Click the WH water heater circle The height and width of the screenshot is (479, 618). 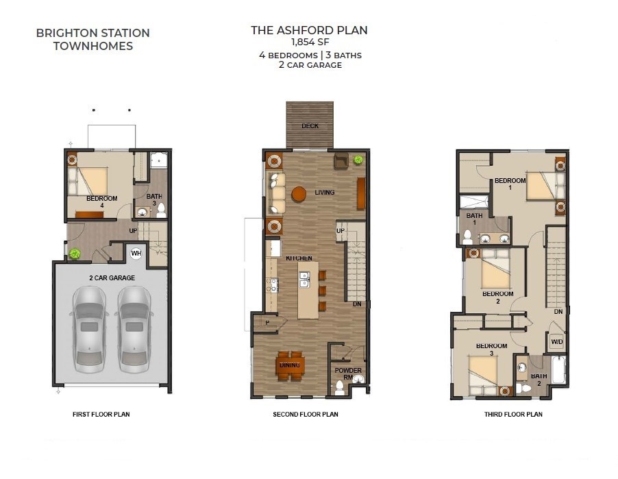click(x=136, y=253)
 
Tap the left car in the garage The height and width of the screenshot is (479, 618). click(x=90, y=330)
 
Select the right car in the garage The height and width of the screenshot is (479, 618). click(x=134, y=330)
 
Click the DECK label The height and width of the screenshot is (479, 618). click(x=310, y=126)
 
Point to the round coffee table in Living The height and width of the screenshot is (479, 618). click(x=299, y=194)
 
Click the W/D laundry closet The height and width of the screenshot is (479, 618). click(x=556, y=342)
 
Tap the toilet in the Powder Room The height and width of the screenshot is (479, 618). click(x=339, y=388)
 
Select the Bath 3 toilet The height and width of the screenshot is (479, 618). click(x=160, y=211)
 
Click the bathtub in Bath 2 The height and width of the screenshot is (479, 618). click(x=559, y=369)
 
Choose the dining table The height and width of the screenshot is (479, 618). click(x=290, y=365)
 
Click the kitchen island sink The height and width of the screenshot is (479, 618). click(x=304, y=280)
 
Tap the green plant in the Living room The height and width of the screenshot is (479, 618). click(x=358, y=159)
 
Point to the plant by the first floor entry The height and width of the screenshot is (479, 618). click(x=75, y=254)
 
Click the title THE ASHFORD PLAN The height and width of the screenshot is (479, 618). click(x=310, y=30)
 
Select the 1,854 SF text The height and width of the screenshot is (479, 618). click(x=310, y=42)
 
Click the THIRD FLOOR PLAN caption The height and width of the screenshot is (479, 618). click(x=513, y=415)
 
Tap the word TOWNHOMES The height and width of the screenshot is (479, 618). click(x=93, y=46)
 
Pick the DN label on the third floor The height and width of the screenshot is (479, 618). click(x=558, y=311)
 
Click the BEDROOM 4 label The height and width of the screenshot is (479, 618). click(x=101, y=201)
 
